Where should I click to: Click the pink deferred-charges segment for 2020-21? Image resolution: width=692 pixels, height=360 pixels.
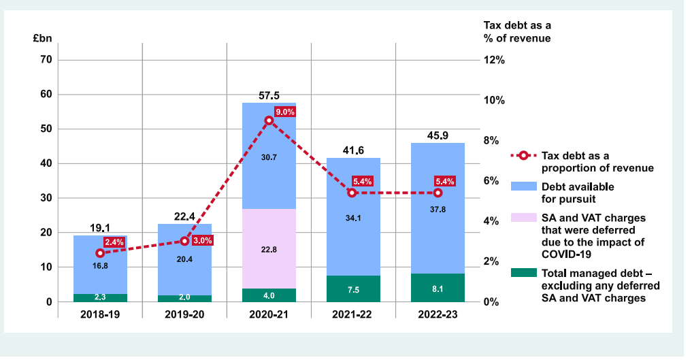click(269, 248)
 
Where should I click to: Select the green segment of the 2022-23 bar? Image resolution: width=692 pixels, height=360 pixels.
click(438, 288)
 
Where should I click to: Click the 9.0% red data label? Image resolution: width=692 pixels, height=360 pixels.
click(285, 112)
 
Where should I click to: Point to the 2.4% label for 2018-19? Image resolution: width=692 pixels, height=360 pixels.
click(114, 242)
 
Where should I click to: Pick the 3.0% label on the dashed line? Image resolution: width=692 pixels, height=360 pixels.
click(202, 240)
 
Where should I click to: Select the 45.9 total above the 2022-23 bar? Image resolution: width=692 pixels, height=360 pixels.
click(438, 135)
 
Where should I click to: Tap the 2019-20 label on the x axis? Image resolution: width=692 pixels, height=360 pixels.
click(184, 316)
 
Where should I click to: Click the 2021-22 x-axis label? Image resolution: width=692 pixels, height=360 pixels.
click(353, 316)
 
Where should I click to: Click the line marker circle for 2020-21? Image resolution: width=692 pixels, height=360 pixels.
click(269, 120)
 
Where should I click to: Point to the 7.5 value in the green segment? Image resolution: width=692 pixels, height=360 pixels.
click(353, 289)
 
